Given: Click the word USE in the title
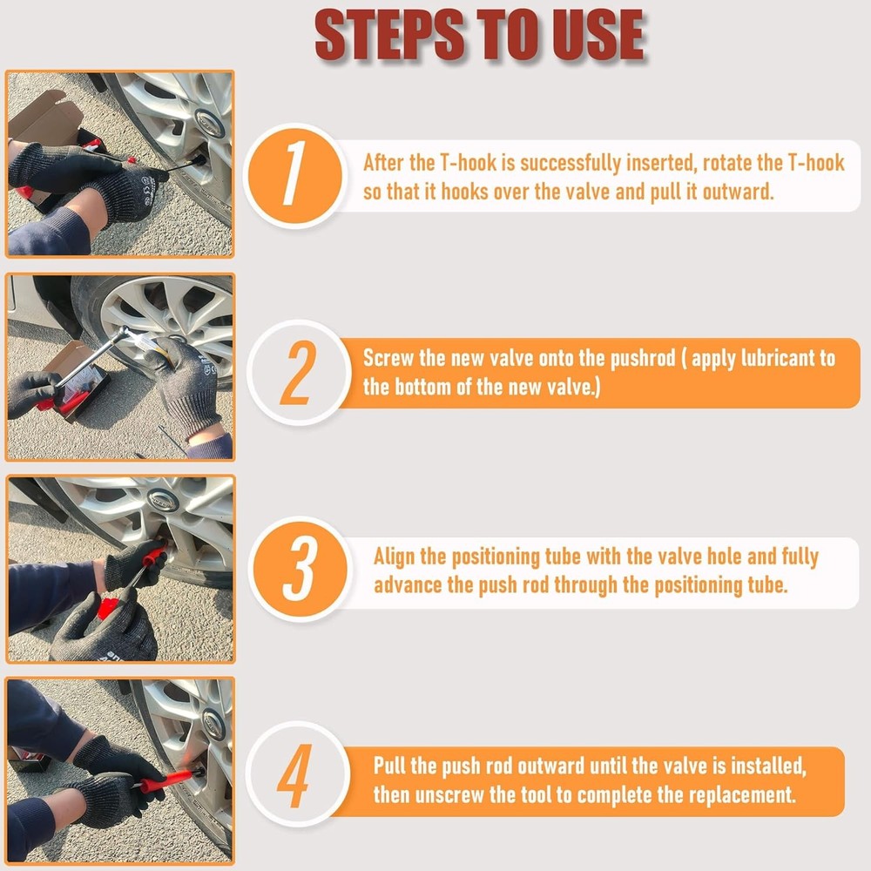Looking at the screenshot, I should (x=591, y=37).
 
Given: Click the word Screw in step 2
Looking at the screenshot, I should (x=389, y=359).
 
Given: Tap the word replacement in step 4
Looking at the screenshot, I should (x=739, y=794).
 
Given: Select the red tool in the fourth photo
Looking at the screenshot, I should (x=165, y=777).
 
